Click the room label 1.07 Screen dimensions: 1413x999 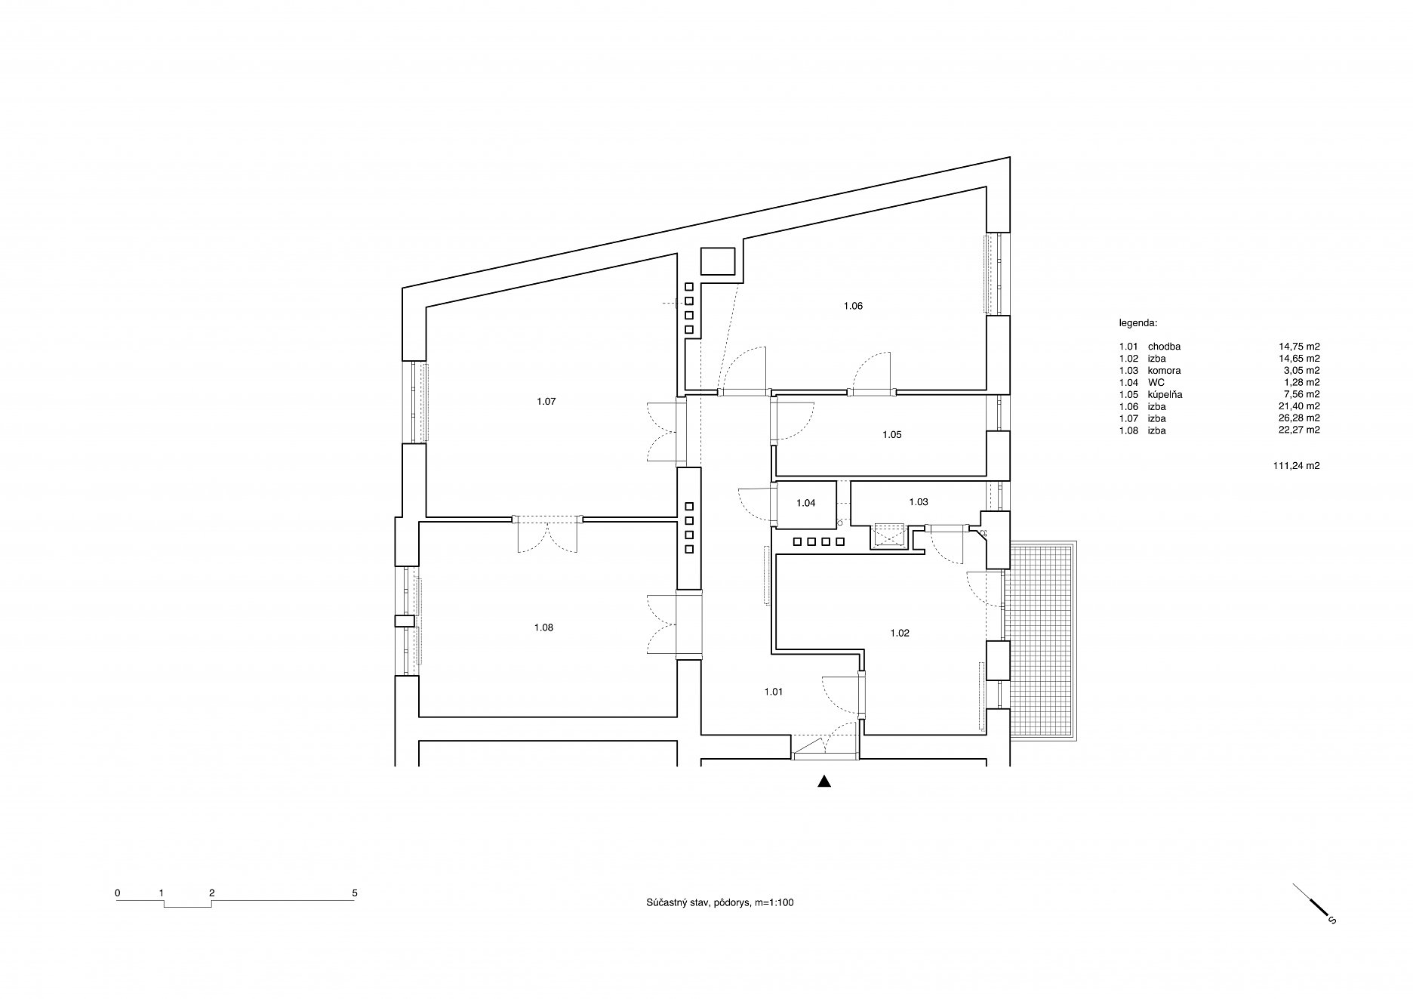pos(546,402)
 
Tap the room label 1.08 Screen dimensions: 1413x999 pos(543,627)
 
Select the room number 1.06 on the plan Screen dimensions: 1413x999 pos(853,306)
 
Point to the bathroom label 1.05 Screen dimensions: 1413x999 pos(892,435)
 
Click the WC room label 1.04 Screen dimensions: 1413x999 pos(806,503)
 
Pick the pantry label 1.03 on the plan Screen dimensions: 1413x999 pos(919,502)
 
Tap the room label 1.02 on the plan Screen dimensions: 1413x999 pos(900,634)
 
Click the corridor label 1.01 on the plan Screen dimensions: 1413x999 pos(773,691)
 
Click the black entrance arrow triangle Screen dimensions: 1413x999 pos(824,782)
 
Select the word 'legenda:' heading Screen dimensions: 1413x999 pos(1137,322)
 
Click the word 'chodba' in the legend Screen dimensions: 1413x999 pos(1164,347)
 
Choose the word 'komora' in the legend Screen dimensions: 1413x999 pos(1164,371)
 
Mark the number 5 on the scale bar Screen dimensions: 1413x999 pos(355,893)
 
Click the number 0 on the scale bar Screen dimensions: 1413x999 pos(118,893)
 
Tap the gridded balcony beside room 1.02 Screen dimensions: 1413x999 pos(1043,640)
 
